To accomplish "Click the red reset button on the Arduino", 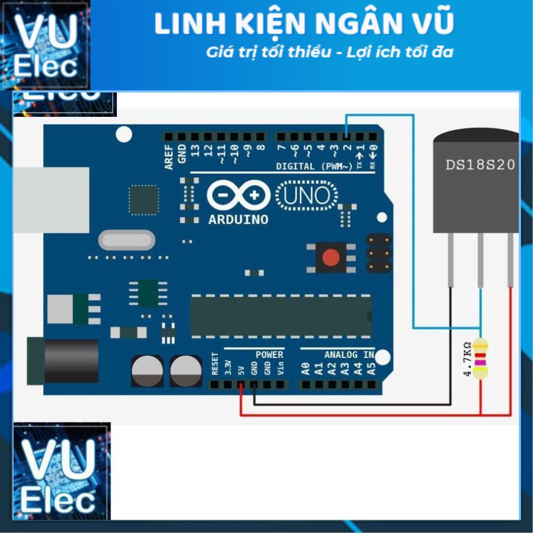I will [331, 258].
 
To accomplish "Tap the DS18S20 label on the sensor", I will [480, 165].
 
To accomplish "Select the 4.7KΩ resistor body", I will [481, 359].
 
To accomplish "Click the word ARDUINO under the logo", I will [238, 220].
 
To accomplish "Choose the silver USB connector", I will [51, 200].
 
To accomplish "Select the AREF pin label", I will [169, 157].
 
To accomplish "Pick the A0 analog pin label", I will [306, 368].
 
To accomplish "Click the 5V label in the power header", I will [241, 368].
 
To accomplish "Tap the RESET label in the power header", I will [215, 364].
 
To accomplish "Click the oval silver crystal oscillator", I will [127, 240].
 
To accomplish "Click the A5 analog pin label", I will [372, 368].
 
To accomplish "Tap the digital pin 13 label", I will [195, 150].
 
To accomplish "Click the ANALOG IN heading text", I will [349, 355].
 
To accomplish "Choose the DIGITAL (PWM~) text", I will [314, 166].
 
